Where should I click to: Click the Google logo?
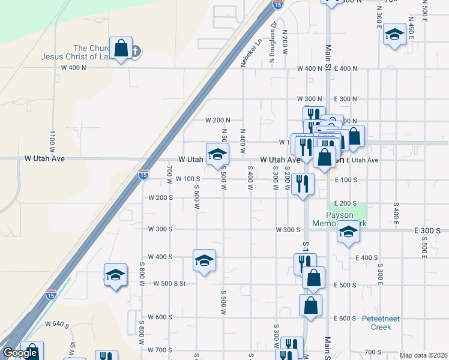pos(20,353)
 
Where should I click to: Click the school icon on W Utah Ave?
pos(217,154)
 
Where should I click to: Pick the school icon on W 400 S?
pos(204,260)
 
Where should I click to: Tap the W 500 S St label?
pos(171,283)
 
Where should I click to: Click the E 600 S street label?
pos(346,319)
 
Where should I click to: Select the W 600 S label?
pos(160,317)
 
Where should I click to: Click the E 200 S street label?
pos(346,203)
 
